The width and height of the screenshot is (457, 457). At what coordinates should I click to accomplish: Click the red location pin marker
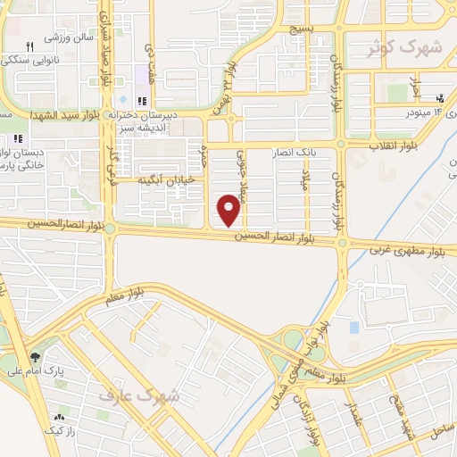[x=229, y=210]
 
